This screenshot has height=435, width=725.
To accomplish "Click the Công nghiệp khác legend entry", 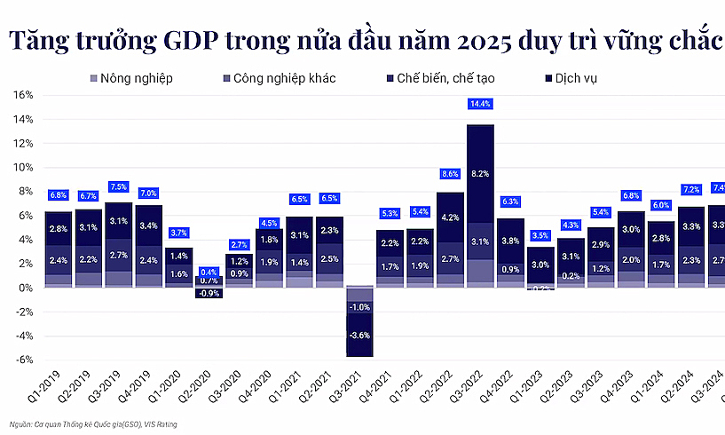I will pos(283,78).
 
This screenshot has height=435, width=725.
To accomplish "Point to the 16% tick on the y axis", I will pos(22,95).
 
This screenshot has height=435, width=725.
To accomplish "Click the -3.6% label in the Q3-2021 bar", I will pos(359,336).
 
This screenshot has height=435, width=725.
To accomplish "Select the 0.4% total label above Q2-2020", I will pos(209,273).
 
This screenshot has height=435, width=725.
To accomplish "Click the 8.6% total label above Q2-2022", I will pos(450,174).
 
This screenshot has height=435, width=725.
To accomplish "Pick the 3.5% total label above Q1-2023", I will pos(540,235).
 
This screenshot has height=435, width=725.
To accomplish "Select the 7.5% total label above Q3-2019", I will pos(118,187).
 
